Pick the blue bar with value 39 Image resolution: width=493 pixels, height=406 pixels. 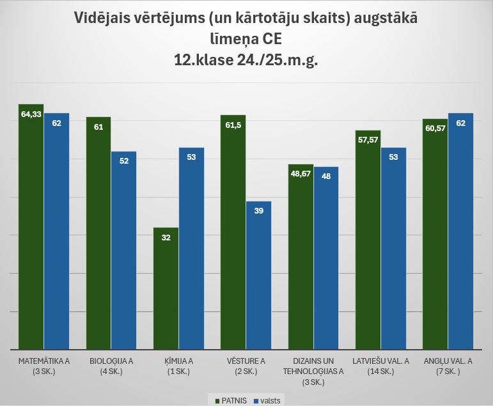259,276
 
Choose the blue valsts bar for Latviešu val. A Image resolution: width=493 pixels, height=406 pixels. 393,249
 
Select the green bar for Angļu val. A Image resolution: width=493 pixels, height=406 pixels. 435,234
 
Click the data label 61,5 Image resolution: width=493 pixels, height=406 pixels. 233,126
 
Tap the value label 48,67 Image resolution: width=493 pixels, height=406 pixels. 301,174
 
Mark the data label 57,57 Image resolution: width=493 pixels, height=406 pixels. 368,140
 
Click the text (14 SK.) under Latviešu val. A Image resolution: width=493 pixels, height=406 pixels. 380,371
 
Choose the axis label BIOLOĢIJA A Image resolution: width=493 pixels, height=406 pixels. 111,361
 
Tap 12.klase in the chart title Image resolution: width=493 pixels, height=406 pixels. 203,61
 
